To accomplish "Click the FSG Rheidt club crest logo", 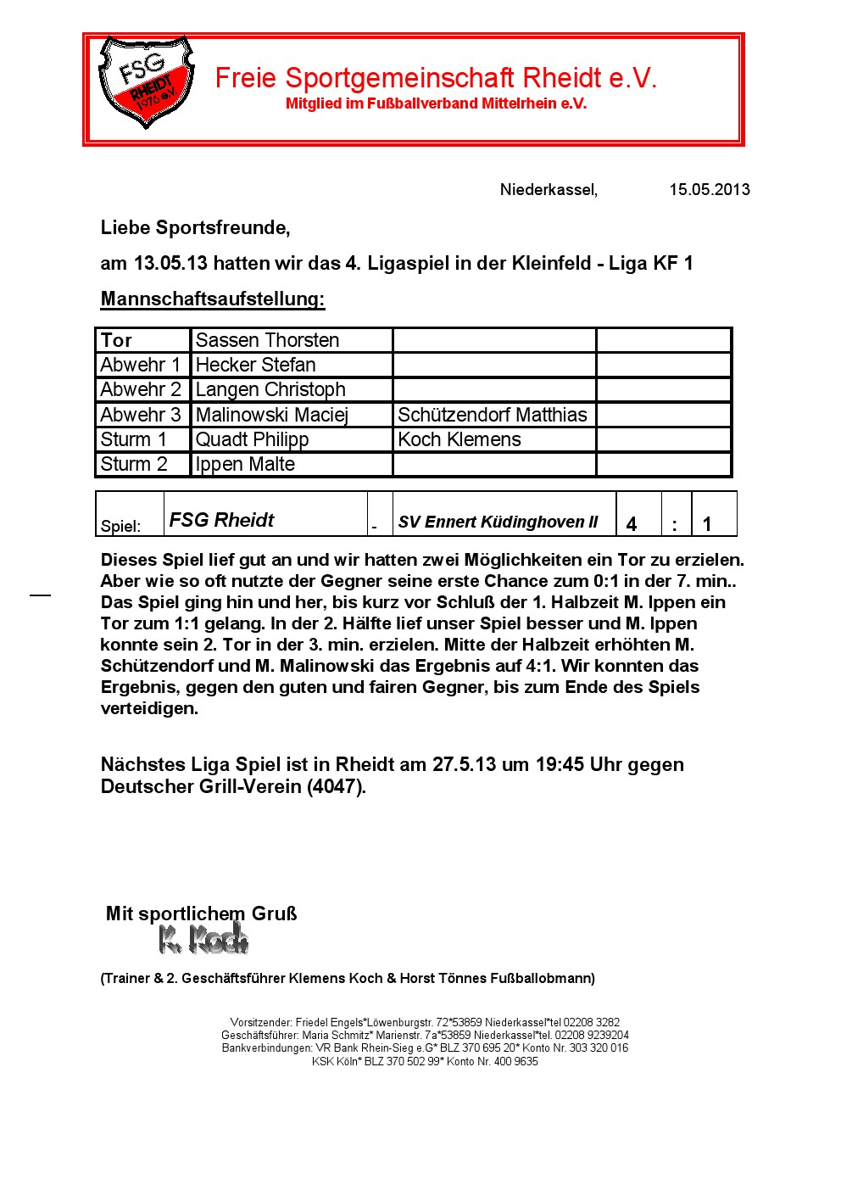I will (146, 82).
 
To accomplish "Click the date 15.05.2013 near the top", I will (710, 189).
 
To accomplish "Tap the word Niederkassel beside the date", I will (549, 189).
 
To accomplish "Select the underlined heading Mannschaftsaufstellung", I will (213, 299).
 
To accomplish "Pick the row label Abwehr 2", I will (141, 389).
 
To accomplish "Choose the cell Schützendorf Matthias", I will (493, 415).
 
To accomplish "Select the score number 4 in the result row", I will (632, 524).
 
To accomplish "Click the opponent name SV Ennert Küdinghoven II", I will (498, 522).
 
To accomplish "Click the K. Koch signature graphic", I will (203, 938).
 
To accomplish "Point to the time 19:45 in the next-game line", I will (560, 764).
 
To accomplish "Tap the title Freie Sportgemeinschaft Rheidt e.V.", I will (436, 78).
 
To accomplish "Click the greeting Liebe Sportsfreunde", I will (195, 227).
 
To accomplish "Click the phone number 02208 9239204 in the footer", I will (593, 1035).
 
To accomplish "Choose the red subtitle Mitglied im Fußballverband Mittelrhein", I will (436, 103).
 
